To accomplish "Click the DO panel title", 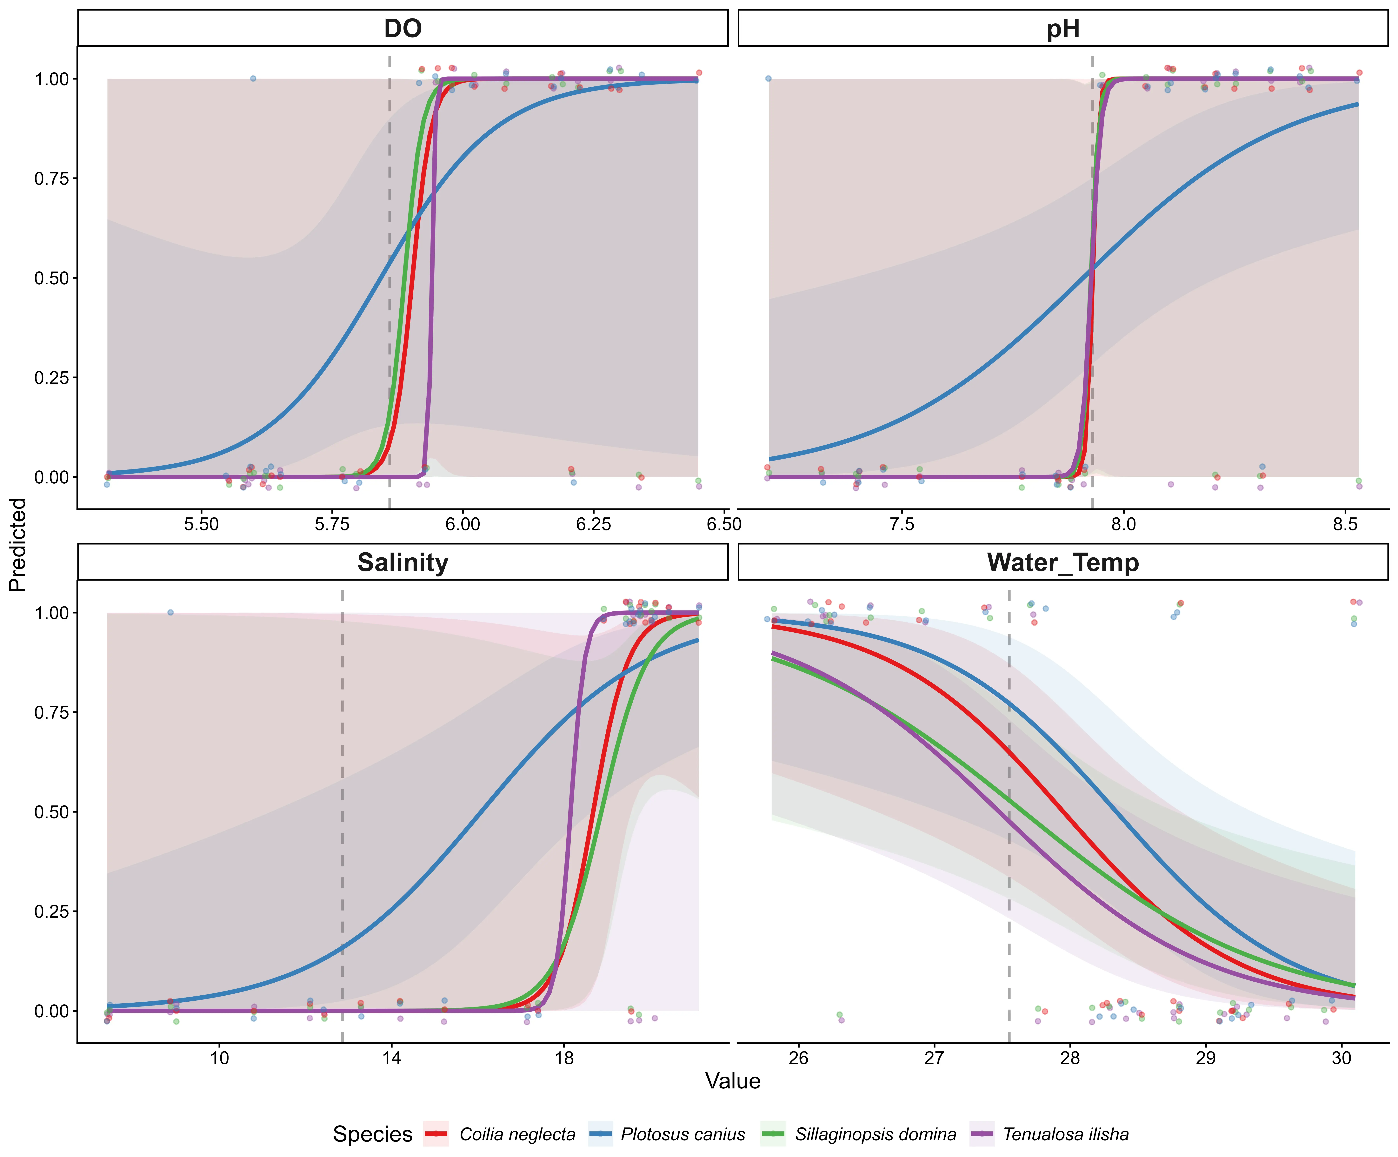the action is pos(403,29).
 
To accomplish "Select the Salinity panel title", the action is pos(403,563).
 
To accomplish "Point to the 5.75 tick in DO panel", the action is pos(332,524).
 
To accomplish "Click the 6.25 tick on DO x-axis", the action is pos(593,524).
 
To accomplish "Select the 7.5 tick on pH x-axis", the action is pos(902,524).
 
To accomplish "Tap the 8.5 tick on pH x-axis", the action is pos(1345,524).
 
